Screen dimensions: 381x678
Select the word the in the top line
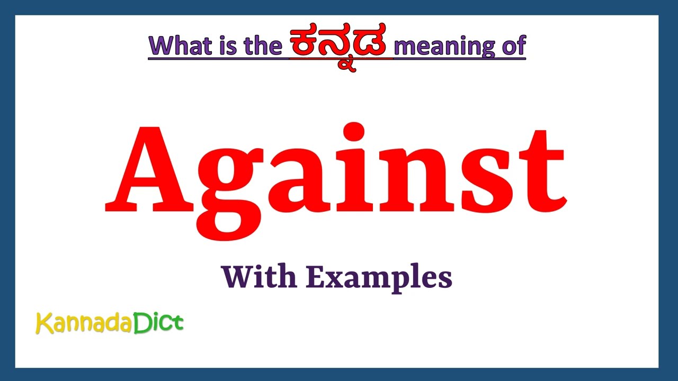262,46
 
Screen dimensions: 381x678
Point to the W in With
236,277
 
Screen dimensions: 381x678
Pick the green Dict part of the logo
158,322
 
